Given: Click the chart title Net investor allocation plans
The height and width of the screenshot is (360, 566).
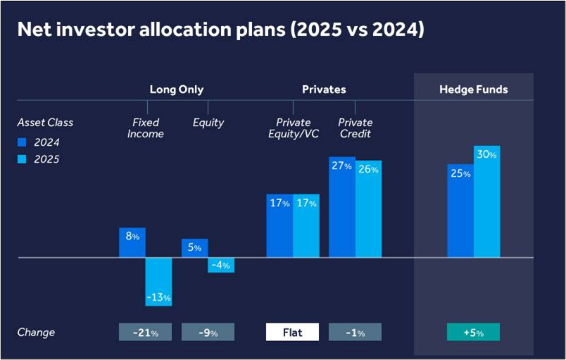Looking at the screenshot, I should [220, 31].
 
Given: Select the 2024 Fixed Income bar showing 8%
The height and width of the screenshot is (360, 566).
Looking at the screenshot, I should [132, 242].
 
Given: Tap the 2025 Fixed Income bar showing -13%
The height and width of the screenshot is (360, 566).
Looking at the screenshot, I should [158, 282].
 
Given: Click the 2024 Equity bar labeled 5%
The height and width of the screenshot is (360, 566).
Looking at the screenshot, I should [195, 248].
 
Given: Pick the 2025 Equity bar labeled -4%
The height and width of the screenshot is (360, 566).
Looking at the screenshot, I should [221, 265].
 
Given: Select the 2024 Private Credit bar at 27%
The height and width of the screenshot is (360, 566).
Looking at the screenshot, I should [341, 207].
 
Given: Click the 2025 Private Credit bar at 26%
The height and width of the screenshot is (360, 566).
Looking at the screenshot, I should [367, 209].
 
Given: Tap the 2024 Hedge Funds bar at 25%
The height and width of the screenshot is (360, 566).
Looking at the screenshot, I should [460, 211].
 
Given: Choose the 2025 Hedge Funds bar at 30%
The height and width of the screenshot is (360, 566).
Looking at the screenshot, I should [486, 201].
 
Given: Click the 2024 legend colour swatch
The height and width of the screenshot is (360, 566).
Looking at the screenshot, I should [22, 142].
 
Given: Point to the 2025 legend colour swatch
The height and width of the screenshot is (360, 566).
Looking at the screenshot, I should [22, 160].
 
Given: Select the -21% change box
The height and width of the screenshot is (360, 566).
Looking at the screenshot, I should [145, 332].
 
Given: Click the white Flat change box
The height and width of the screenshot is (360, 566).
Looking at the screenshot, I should [292, 332].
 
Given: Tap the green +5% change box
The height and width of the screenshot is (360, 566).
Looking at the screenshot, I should [473, 332].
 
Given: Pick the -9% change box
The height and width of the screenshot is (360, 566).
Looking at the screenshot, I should [208, 332].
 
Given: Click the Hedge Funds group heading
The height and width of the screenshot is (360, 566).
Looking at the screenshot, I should [473, 89].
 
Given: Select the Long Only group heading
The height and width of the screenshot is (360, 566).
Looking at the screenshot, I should [177, 89].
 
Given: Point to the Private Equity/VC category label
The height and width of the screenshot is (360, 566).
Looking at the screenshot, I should [294, 128].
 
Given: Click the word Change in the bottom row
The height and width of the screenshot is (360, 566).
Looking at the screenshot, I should [36, 332].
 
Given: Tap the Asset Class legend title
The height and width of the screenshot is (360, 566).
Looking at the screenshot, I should [45, 123].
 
